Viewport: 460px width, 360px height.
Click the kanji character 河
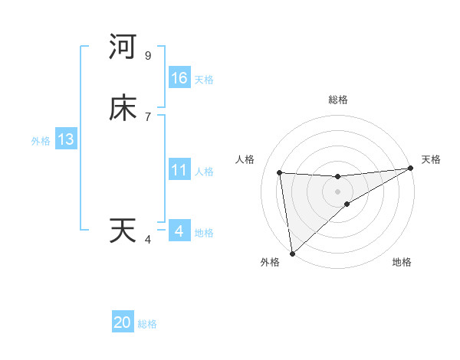pyautogui.click(x=123, y=47)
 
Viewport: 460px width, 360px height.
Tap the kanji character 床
pyautogui.click(x=123, y=109)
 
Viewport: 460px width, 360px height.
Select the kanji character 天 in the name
pyautogui.click(x=123, y=231)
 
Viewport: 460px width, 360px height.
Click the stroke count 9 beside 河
pyautogui.click(x=148, y=56)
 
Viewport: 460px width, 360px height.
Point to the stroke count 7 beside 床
pyautogui.click(x=148, y=116)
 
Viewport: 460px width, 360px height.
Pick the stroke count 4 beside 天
pyautogui.click(x=148, y=240)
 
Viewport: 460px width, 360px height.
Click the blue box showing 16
pyautogui.click(x=179, y=78)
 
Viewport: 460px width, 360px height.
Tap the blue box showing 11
pyautogui.click(x=179, y=170)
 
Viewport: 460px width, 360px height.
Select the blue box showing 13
pyautogui.click(x=66, y=139)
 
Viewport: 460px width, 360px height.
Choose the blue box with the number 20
pyautogui.click(x=123, y=322)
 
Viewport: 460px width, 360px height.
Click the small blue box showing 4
pyautogui.click(x=179, y=231)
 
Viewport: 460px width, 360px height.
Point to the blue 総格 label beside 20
pyautogui.click(x=147, y=324)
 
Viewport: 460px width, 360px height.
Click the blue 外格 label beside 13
pyautogui.click(x=40, y=141)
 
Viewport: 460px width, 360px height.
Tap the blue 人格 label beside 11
pyautogui.click(x=204, y=172)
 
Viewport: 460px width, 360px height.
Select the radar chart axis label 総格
pyautogui.click(x=337, y=100)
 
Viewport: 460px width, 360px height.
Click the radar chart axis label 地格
pyautogui.click(x=402, y=263)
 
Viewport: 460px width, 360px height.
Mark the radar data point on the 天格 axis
pyautogui.click(x=410, y=169)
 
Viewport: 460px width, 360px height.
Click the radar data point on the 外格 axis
pyautogui.click(x=292, y=254)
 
